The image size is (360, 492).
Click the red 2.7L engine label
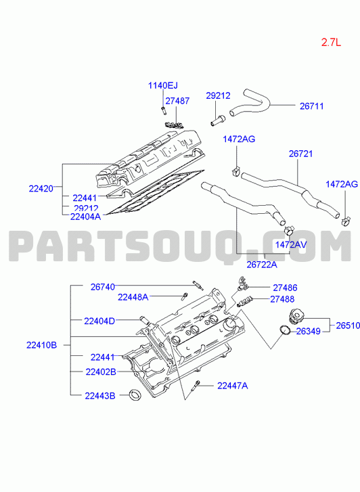point(331,43)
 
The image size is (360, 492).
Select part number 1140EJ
point(163,85)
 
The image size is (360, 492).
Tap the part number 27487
point(177,101)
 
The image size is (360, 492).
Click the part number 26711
point(312,106)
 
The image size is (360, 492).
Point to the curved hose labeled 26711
point(251,104)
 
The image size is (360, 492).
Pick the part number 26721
point(300,154)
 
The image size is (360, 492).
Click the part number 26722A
point(262,265)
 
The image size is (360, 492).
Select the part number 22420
point(41,189)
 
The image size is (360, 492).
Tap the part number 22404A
point(86,217)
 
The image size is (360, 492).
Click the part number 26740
point(103,287)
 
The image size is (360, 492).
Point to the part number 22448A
point(133,297)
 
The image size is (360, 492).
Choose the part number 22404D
point(99,321)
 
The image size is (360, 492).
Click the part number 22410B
point(42,345)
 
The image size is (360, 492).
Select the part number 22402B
point(101,372)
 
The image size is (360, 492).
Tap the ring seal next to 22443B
point(135,395)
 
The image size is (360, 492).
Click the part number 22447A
point(233,385)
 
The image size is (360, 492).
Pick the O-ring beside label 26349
point(285,330)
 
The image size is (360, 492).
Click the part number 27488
point(282,299)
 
